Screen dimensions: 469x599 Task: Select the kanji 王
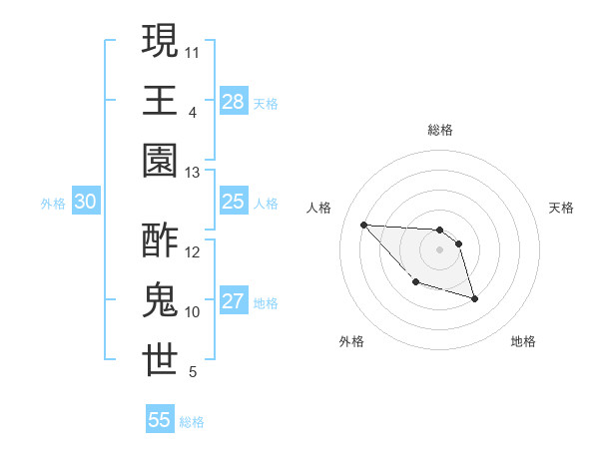160,100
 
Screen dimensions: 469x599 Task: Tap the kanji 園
160,160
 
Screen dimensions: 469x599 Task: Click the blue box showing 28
234,102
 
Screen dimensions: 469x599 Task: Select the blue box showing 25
234,202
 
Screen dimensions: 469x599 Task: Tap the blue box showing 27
234,301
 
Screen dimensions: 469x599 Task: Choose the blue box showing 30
86,202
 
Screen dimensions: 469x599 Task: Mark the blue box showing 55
160,420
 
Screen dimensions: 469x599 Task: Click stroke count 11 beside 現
193,50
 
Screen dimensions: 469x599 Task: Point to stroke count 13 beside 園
193,173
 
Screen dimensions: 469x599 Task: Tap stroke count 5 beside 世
193,372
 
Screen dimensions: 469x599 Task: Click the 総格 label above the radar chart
440,130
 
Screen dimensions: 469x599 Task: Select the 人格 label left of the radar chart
319,208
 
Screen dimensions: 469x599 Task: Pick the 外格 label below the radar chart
351,341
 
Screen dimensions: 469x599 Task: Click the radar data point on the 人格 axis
363,225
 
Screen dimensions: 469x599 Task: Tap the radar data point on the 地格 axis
474,298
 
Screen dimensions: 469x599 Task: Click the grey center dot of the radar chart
439,249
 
